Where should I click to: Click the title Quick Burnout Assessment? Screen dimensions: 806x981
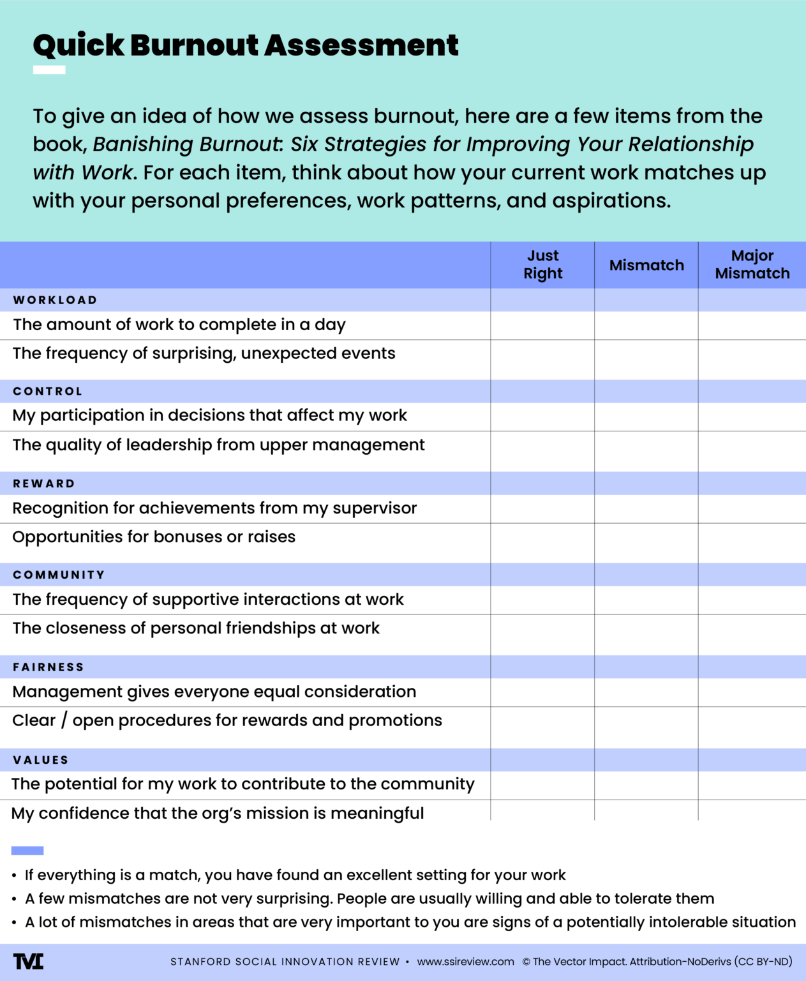coord(246,45)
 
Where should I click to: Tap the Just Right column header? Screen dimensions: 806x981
coord(542,264)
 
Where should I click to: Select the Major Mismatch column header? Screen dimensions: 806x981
coord(752,264)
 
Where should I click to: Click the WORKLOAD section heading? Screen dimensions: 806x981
coord(56,300)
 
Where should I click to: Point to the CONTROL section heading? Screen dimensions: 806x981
coord(48,392)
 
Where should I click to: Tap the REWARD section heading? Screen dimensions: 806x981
coord(44,483)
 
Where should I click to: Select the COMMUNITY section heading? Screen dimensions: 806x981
coord(59,575)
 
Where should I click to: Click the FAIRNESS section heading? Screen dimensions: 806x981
coord(49,667)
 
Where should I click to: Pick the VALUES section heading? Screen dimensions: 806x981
coord(41,760)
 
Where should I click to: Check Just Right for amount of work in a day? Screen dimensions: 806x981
coord(542,325)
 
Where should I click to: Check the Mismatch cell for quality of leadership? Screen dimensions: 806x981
coord(646,450)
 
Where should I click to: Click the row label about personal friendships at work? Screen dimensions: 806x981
coord(196,628)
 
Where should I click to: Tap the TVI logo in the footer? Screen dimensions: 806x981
coord(29,961)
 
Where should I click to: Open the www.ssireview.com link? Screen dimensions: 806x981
coord(465,962)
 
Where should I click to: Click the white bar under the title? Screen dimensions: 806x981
coord(49,70)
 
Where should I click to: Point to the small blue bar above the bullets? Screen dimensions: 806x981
coord(27,851)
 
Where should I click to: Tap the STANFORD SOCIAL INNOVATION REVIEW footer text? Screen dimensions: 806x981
coord(285,962)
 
